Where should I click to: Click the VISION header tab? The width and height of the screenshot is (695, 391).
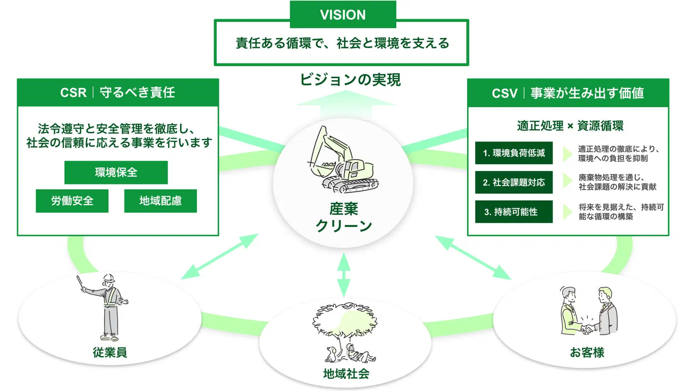[x=343, y=14]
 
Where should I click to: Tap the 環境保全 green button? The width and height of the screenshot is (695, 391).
[x=116, y=172]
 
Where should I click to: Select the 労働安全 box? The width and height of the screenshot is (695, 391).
[x=72, y=201]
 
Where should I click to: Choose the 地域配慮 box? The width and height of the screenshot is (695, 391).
[x=160, y=201]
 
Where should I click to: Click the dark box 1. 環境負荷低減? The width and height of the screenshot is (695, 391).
[x=514, y=153]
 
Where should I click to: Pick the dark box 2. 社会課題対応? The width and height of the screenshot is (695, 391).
[x=514, y=182]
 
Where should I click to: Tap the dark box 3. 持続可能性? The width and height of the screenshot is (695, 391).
[x=514, y=212]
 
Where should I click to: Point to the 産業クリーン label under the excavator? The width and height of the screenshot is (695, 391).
[x=344, y=217]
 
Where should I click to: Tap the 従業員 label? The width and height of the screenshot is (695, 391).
[x=110, y=352]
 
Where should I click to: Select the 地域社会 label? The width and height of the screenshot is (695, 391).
[x=346, y=374]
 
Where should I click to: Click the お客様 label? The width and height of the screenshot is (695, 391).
[x=587, y=352]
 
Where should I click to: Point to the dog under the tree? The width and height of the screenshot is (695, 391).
[x=331, y=354]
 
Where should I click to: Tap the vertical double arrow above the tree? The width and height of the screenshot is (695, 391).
[x=344, y=275]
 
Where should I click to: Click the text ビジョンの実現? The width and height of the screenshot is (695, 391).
[x=350, y=80]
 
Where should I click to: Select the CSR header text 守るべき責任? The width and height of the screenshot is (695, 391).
[x=137, y=93]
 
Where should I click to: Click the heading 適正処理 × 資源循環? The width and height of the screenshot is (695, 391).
[x=570, y=126]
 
